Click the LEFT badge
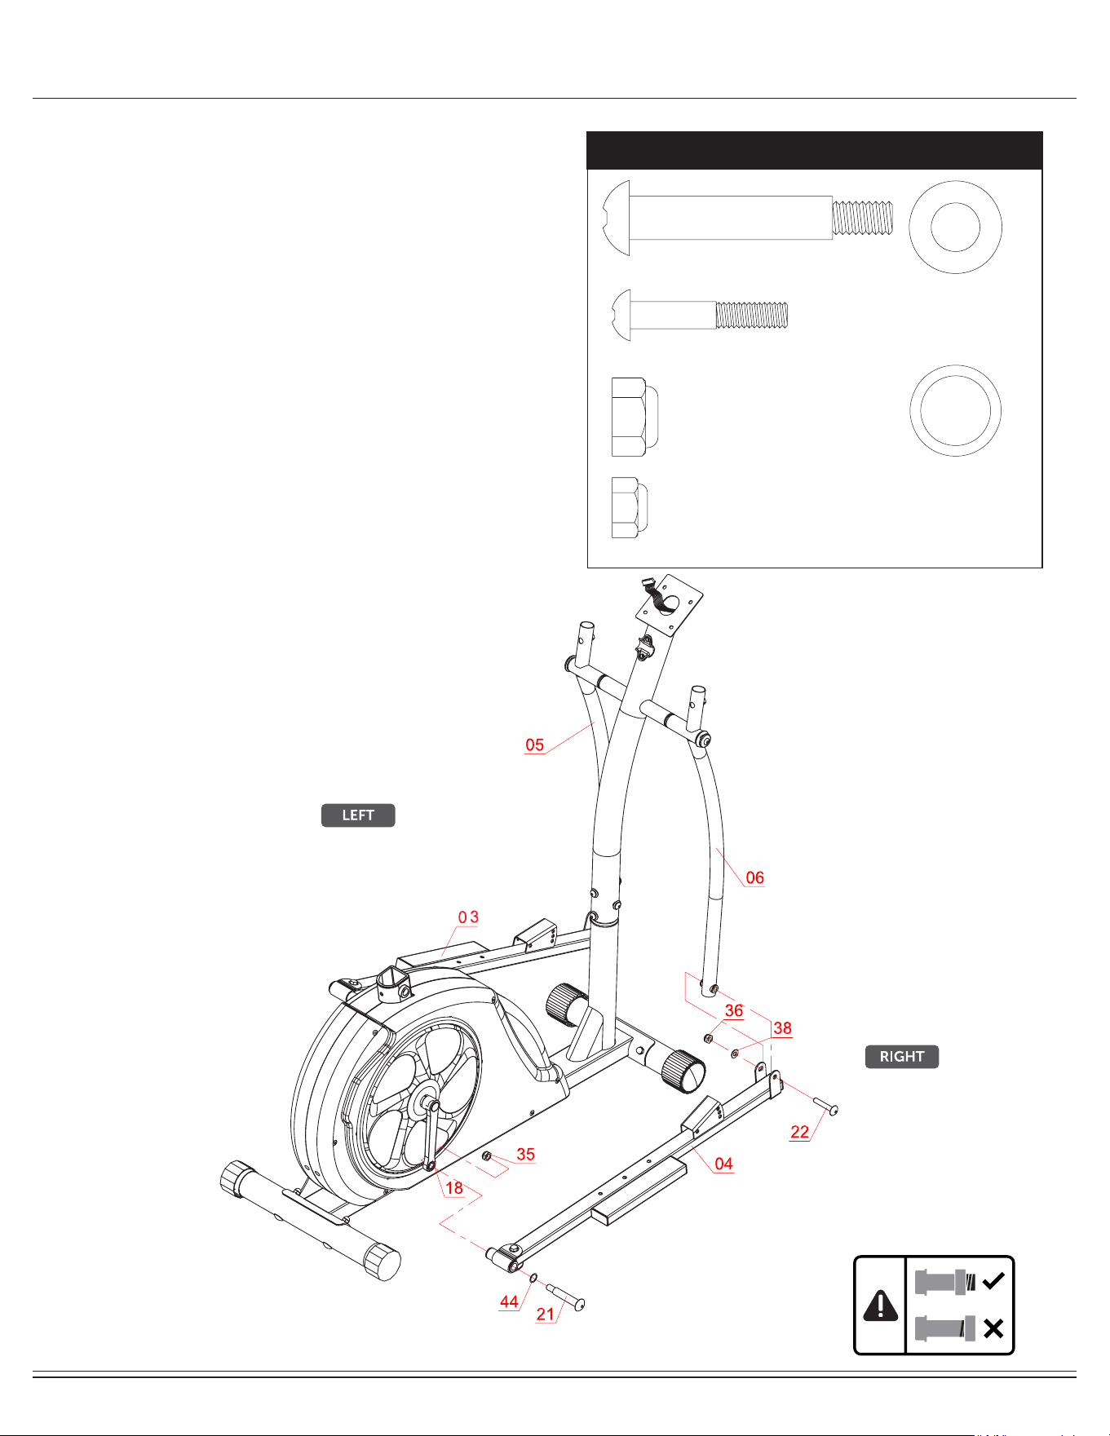click(x=358, y=815)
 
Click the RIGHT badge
click(x=902, y=1057)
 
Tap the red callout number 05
click(x=535, y=745)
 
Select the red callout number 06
click(x=755, y=877)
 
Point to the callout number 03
click(x=468, y=917)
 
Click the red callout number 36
click(x=734, y=1010)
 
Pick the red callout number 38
click(x=782, y=1027)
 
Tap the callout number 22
click(x=800, y=1131)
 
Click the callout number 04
click(x=723, y=1164)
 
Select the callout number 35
click(x=526, y=1154)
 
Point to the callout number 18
click(x=454, y=1187)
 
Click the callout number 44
click(x=509, y=1301)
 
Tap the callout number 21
click(x=546, y=1314)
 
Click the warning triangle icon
click(x=880, y=1306)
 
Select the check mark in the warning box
click(x=993, y=1281)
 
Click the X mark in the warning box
click(x=993, y=1329)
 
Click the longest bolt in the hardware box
click(x=748, y=218)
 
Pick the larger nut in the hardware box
click(x=635, y=417)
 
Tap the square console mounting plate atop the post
click(x=670, y=605)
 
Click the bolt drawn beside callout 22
click(x=825, y=1105)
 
